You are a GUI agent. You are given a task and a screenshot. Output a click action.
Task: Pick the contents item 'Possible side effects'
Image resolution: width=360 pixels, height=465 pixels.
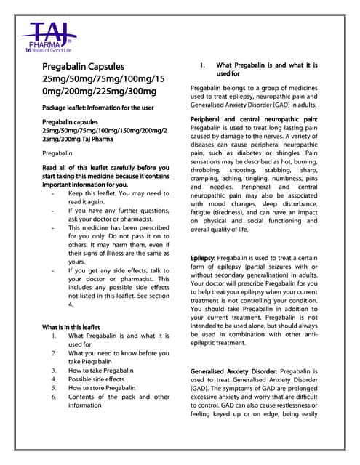click(x=96, y=379)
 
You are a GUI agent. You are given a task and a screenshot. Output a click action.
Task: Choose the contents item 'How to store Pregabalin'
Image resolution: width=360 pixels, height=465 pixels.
click(x=102, y=388)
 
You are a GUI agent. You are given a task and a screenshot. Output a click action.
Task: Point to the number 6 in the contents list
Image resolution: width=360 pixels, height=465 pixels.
click(x=55, y=397)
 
